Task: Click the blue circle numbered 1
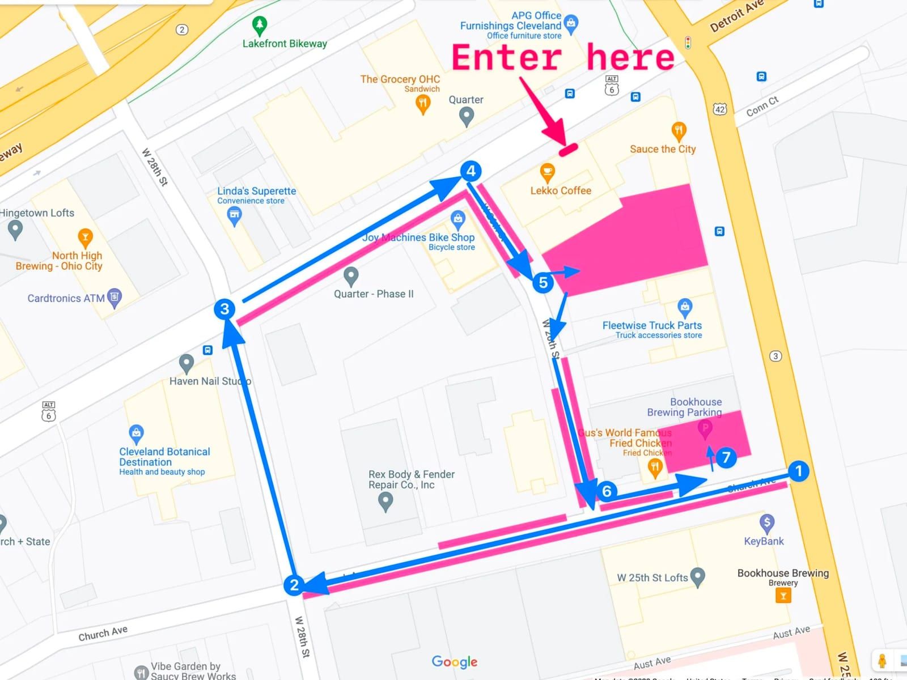[x=799, y=471]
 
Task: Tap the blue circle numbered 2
[x=294, y=585]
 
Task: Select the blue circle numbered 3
[x=224, y=309]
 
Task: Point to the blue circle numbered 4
[x=471, y=171]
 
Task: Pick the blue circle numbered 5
[x=543, y=282]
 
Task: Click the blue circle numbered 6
[x=607, y=491]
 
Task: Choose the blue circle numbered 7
[x=726, y=457]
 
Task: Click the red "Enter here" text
[x=562, y=58]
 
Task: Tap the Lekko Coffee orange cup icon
[x=547, y=172]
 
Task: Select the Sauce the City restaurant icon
[x=679, y=131]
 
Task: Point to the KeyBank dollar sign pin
[x=766, y=522]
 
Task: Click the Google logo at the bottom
[x=454, y=662]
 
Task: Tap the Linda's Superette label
[x=256, y=192]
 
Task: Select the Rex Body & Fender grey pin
[x=385, y=501]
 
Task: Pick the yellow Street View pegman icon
[x=881, y=661]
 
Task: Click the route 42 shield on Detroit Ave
[x=719, y=109]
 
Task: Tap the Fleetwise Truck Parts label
[x=652, y=325]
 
